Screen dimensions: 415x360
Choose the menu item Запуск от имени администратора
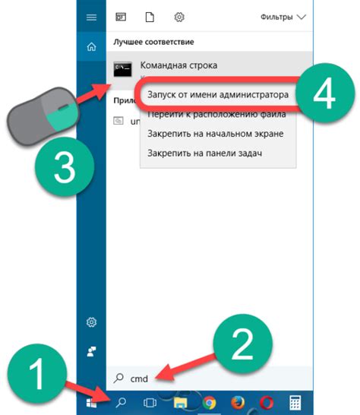click(x=213, y=96)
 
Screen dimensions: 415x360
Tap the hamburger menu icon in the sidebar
click(x=92, y=16)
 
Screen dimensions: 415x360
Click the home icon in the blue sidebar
click(x=92, y=46)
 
